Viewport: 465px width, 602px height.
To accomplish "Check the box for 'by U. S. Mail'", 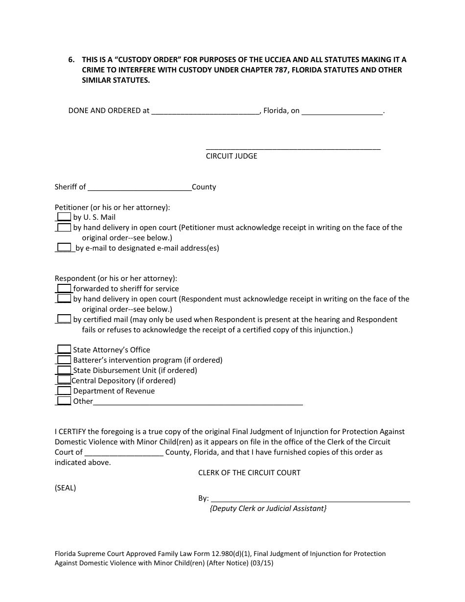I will [64, 217].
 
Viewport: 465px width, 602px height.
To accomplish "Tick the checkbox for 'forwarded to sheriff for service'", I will [64, 288].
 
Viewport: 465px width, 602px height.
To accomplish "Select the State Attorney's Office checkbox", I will [64, 349].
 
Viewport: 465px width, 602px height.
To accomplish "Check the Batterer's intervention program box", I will [64, 360].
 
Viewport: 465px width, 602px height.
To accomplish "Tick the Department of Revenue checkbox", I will [64, 391].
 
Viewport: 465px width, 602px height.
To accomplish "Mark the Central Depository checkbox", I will [64, 380].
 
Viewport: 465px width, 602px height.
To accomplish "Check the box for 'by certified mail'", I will [64, 319].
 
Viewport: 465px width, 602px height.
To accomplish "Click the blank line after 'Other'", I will [198, 402].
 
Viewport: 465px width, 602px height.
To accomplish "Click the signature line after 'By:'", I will [309, 499].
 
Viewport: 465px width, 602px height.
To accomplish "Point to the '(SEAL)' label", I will [65, 488].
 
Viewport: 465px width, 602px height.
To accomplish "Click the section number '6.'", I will [71, 60].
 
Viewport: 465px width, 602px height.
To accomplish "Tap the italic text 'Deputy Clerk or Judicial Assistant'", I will [268, 509].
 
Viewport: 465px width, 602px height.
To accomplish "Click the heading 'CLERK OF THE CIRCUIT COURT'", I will [249, 473].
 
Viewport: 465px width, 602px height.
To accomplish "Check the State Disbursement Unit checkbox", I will [64, 370].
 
